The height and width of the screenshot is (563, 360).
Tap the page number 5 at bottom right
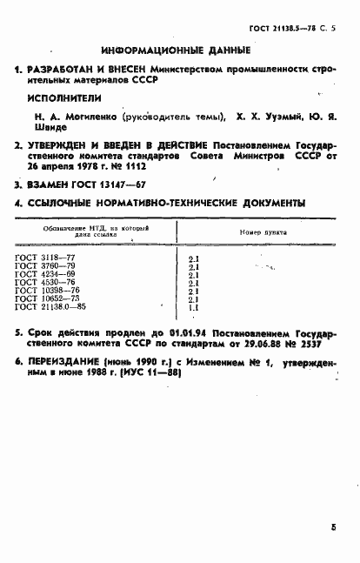(333, 527)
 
